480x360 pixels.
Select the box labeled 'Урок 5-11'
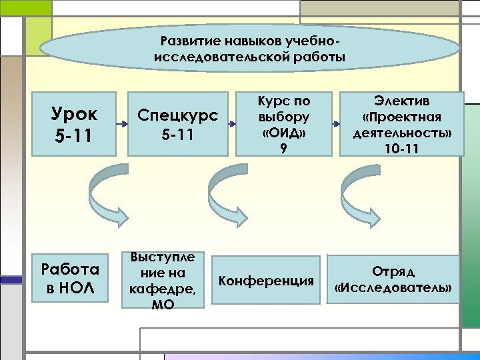pyautogui.click(x=74, y=123)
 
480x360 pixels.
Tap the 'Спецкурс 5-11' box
pyautogui.click(x=177, y=124)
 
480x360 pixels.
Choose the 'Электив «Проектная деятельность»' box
pyautogui.click(x=401, y=124)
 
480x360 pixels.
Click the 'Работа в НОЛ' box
pyautogui.click(x=69, y=278)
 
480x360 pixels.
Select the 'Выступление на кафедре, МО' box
pyautogui.click(x=163, y=280)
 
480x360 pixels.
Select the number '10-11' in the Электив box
pyautogui.click(x=401, y=148)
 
